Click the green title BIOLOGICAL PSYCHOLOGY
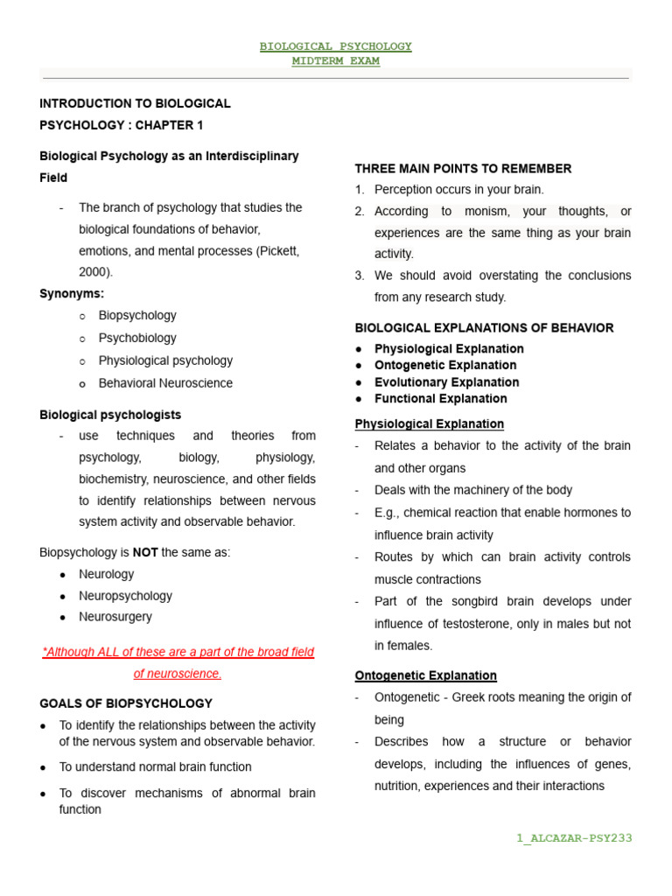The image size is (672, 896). click(335, 46)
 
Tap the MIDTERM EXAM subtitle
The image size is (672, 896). click(335, 61)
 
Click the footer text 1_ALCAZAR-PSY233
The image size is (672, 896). click(574, 838)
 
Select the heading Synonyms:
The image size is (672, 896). click(72, 294)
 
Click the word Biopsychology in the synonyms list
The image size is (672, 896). click(137, 315)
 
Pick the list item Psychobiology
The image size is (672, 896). click(137, 338)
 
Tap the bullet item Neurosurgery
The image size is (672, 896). click(115, 617)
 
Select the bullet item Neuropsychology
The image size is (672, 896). click(125, 596)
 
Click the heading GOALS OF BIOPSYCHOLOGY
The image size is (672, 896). click(126, 703)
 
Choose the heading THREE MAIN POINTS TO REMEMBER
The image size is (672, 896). click(463, 169)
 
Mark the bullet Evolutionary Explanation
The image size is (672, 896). click(446, 382)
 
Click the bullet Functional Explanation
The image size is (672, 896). click(440, 399)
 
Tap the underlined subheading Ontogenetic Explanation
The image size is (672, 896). click(425, 675)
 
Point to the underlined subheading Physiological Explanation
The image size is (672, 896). click(429, 424)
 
